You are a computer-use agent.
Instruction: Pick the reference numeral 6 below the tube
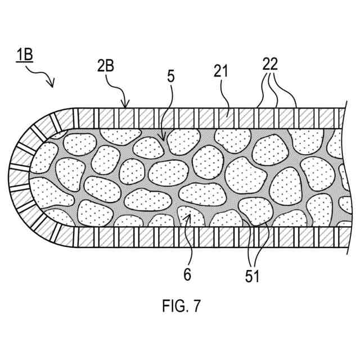click(x=187, y=274)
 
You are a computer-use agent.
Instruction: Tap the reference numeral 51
click(x=253, y=277)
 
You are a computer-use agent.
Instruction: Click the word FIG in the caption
click(x=172, y=307)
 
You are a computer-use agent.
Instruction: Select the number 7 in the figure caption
click(x=196, y=307)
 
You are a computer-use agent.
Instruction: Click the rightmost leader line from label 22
click(x=289, y=93)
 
